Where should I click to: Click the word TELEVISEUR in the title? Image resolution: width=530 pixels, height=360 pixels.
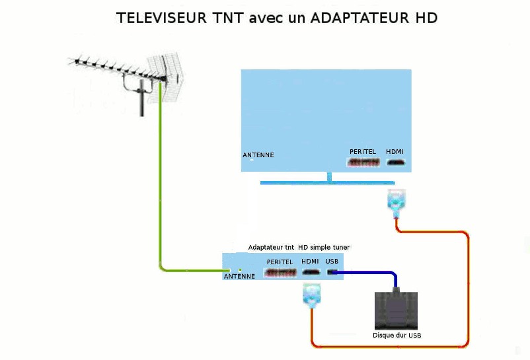(161, 18)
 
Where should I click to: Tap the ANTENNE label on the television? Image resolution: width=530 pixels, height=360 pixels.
(258, 155)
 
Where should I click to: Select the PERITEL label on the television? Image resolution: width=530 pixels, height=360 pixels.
(363, 152)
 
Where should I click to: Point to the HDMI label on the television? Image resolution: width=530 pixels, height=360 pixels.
(395, 152)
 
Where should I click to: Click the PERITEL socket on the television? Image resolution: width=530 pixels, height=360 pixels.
(363, 162)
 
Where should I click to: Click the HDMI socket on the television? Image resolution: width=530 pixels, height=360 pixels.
(396, 162)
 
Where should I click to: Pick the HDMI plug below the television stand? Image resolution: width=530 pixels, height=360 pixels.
(396, 203)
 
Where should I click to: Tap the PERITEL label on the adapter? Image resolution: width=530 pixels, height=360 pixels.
(280, 262)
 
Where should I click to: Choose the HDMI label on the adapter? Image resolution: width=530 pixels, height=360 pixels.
(310, 262)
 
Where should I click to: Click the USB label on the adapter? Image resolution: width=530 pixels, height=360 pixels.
(332, 262)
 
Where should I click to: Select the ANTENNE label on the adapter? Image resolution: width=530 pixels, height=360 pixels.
(239, 276)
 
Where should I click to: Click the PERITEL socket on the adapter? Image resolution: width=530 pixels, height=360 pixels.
(280, 273)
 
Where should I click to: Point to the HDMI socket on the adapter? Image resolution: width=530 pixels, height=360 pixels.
(311, 272)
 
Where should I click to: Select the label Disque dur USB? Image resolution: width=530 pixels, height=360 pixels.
(397, 336)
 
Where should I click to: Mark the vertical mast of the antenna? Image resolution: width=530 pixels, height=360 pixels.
(142, 98)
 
